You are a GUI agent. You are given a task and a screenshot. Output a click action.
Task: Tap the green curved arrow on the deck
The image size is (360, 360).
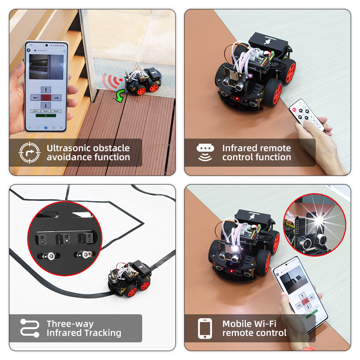pos(120,96)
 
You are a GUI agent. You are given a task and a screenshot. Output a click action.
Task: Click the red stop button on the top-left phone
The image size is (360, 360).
pos(46,98)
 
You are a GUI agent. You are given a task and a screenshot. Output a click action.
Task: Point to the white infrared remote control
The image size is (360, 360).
pos(306,114)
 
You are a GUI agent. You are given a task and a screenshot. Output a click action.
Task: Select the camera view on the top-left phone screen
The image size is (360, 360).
pos(46,67)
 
